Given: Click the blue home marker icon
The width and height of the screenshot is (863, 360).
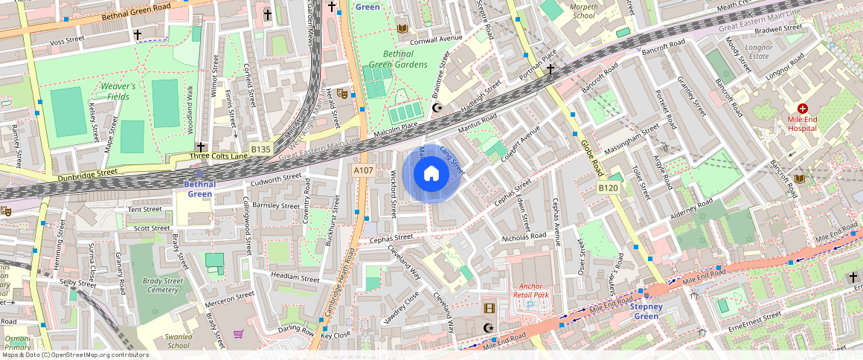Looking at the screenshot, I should pos(431,174).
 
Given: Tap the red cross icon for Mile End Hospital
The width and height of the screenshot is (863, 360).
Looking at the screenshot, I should pos(802,109).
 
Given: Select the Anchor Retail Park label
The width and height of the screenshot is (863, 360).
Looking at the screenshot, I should pos(530,290).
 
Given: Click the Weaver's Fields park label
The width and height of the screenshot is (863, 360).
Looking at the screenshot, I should pos(118,91).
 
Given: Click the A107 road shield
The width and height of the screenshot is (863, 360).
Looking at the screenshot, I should pos(363,171).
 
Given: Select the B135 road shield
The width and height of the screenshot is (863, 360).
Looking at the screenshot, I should pos(260,150).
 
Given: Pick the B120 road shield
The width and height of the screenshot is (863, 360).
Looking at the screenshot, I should pos(609,188).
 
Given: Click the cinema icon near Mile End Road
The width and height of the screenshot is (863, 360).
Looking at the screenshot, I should pos(489,308).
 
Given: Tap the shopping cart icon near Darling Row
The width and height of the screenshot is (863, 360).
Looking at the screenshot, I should pos(239,334).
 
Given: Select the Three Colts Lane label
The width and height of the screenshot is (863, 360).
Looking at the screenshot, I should pos(217,156).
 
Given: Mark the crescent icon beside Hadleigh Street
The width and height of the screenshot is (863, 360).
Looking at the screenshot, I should pos(437,109).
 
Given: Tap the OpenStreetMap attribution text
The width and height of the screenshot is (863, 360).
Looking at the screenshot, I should pos(74,355).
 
